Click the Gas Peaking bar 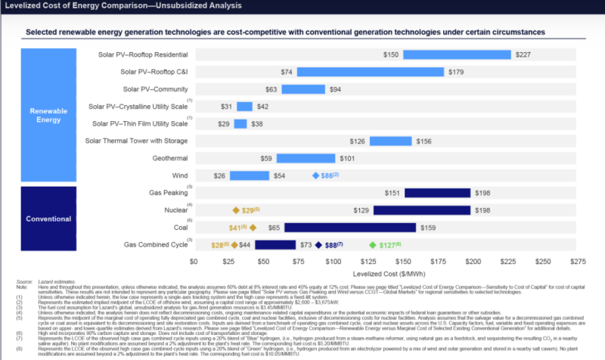pyautogui.click(x=438, y=193)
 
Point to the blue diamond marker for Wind pyautogui.click(x=315, y=175)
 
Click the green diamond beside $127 pyautogui.click(x=371, y=245)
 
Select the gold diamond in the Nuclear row pyautogui.click(x=235, y=210)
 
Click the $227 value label pyautogui.click(x=523, y=54)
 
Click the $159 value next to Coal pyautogui.click(x=427, y=227)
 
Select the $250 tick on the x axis pyautogui.click(x=543, y=261)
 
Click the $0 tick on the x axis pyautogui.click(x=194, y=261)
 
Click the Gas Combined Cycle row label pyautogui.click(x=156, y=245)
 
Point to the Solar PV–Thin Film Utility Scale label pyautogui.click(x=139, y=123)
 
